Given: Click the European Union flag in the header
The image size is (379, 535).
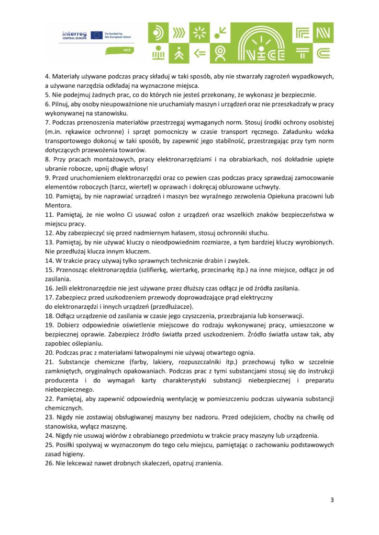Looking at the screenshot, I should coord(96,35).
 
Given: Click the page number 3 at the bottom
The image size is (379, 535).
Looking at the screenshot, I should coord(332,500).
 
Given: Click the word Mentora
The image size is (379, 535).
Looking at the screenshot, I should coord(59,205).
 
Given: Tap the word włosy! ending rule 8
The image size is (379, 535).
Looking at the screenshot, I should coord(138,168).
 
